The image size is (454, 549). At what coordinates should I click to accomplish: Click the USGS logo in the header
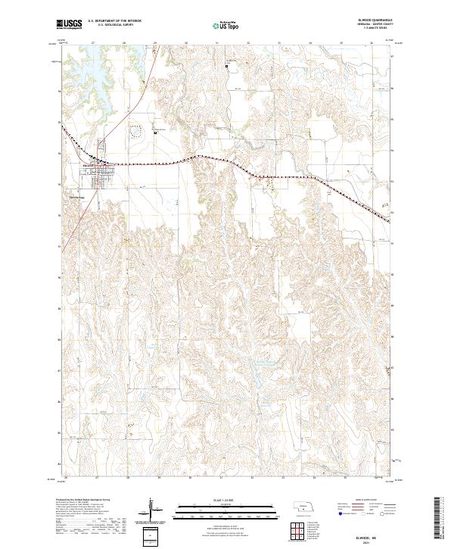coord(70,25)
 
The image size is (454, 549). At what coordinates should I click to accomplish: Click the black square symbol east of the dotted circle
coord(155,134)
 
